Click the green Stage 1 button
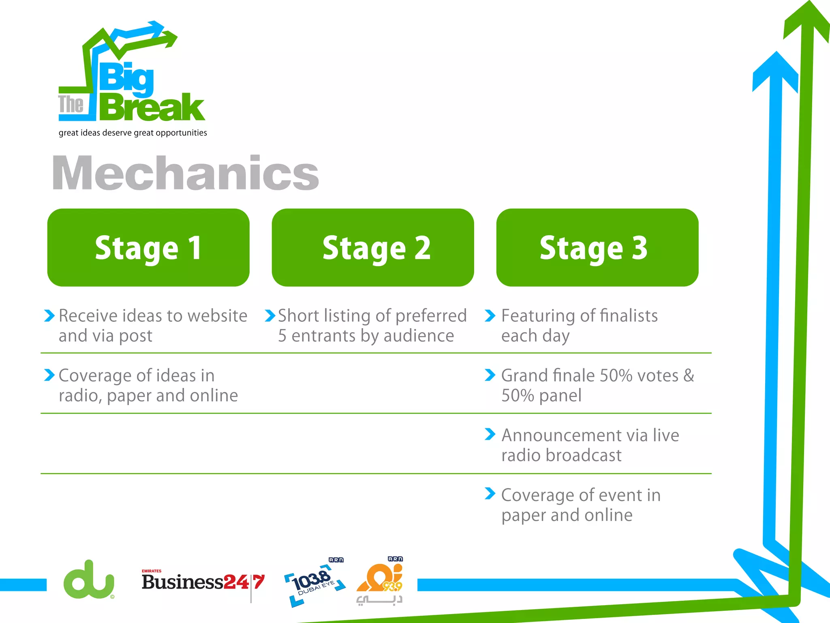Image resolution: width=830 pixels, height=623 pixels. tap(148, 247)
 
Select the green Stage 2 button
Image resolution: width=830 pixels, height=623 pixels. tap(373, 247)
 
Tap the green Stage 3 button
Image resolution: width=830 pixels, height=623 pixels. tap(597, 247)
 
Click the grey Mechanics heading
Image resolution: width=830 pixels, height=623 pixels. tap(186, 173)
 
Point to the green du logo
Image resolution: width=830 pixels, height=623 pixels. tap(89, 580)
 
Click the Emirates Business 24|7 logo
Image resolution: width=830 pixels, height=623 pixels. tap(203, 582)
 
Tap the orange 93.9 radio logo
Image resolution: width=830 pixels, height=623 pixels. tap(380, 580)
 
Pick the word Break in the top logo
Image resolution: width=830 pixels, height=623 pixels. tap(152, 107)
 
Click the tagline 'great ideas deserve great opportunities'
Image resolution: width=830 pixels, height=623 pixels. tap(133, 133)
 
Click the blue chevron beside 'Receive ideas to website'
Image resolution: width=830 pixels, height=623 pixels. tap(49, 316)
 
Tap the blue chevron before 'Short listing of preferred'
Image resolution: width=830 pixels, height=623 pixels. tap(270, 316)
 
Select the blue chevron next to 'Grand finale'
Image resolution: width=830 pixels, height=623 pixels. tap(490, 375)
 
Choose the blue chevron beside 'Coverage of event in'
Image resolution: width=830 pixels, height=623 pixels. tap(490, 494)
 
